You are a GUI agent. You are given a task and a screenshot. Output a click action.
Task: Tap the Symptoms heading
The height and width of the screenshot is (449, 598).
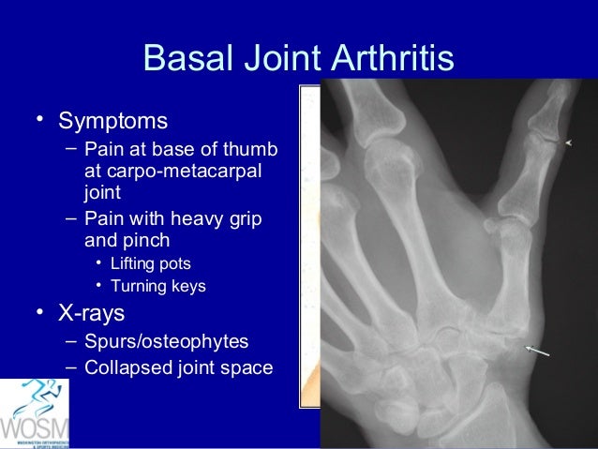(x=113, y=121)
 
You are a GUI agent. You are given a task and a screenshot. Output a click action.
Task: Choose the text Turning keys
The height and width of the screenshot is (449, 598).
(x=158, y=286)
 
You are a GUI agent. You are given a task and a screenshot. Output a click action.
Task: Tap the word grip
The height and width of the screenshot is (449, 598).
(x=246, y=218)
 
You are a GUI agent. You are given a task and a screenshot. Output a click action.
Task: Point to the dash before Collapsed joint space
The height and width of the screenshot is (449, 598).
(x=71, y=367)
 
